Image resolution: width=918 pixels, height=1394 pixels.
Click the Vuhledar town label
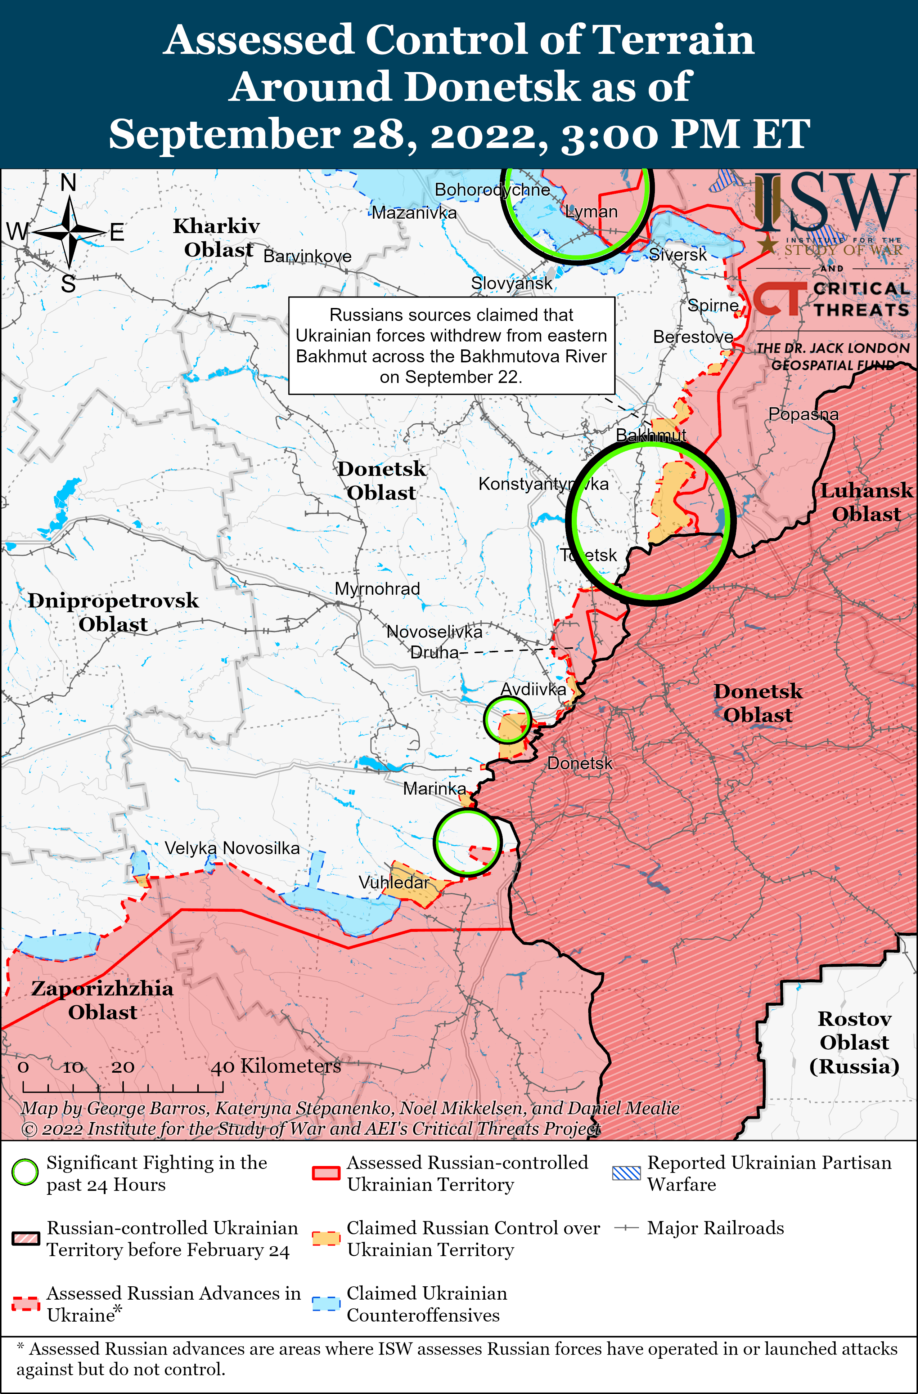click(394, 883)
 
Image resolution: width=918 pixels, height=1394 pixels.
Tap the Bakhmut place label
click(651, 435)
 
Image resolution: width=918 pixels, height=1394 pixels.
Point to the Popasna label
click(803, 414)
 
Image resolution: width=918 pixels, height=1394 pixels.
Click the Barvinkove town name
click(307, 256)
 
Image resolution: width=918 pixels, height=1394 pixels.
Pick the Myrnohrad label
click(377, 589)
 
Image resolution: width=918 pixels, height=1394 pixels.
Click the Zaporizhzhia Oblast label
click(103, 1000)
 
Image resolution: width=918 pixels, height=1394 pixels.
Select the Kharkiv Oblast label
click(217, 238)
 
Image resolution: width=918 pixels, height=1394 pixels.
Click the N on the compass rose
click(68, 183)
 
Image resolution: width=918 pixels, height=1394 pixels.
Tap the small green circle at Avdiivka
click(507, 719)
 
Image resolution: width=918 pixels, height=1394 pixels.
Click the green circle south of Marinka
click(467, 842)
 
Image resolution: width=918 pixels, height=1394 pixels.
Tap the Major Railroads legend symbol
click(626, 1228)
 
